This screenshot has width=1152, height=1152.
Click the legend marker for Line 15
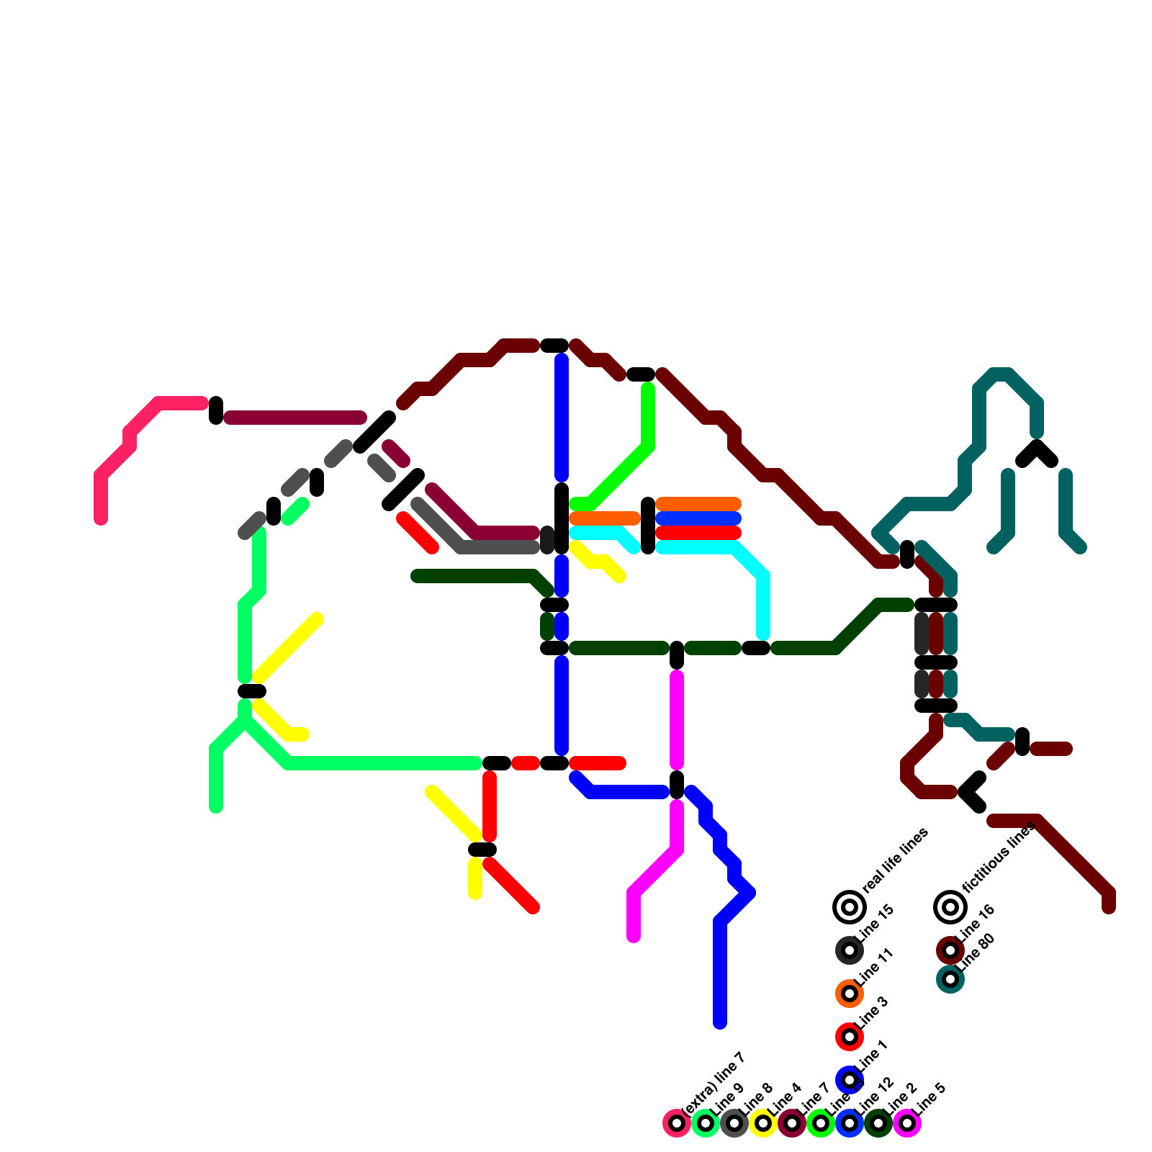(x=850, y=950)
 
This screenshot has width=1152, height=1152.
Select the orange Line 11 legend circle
(x=850, y=994)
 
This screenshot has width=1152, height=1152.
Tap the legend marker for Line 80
(x=950, y=979)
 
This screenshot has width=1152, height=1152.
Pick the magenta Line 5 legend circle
(x=907, y=1123)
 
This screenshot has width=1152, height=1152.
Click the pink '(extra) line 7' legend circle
(x=677, y=1123)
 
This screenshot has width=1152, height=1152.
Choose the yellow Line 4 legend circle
(x=763, y=1123)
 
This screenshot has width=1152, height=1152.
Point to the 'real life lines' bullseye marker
(x=850, y=907)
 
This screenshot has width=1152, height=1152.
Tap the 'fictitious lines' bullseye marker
(x=950, y=907)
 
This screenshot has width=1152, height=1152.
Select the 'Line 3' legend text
(x=872, y=1014)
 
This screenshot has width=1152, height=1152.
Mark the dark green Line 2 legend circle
(x=878, y=1123)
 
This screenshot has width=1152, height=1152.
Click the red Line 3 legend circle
(x=850, y=1037)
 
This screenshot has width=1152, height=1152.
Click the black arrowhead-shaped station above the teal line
(x=1037, y=454)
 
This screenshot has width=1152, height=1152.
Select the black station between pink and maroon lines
(x=216, y=410)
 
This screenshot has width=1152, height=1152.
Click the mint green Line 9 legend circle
(x=706, y=1123)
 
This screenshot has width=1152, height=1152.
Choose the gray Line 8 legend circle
(x=734, y=1123)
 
